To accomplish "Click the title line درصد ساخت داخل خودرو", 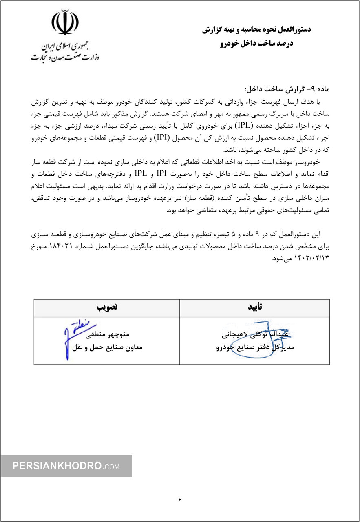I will (256, 43).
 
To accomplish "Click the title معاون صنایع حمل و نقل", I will (107, 348).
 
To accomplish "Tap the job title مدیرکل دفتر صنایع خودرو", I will (255, 348).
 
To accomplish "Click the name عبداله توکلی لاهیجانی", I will (255, 336).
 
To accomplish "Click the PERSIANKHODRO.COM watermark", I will (66, 466).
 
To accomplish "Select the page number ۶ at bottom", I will (179, 499).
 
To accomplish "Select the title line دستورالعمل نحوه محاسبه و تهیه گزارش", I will (256, 30).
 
